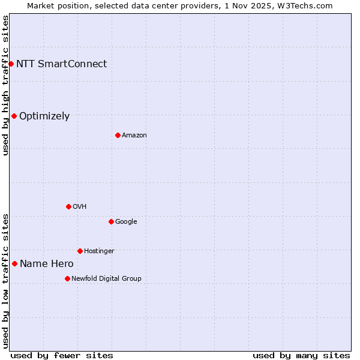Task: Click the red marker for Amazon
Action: [x=118, y=135]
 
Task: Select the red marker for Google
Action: [x=111, y=221]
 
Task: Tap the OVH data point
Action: [x=68, y=206]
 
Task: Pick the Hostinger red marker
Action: [x=80, y=251]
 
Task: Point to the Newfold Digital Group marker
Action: [x=67, y=278]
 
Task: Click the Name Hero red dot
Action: [x=14, y=263]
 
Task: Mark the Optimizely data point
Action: [x=14, y=116]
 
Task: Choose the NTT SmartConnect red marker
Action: [x=11, y=64]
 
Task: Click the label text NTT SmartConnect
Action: [x=61, y=64]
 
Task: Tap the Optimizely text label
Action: [x=44, y=116]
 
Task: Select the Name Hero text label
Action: [x=47, y=263]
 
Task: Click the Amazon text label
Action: [x=134, y=135]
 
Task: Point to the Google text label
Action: [x=126, y=221]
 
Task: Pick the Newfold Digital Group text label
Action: [x=106, y=278]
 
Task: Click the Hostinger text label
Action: [x=99, y=251]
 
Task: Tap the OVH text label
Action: [x=80, y=206]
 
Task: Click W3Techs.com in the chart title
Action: [x=304, y=5]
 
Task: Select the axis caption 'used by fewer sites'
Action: [x=62, y=355]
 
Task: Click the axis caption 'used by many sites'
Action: [x=301, y=355]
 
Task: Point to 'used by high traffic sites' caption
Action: [x=5, y=85]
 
